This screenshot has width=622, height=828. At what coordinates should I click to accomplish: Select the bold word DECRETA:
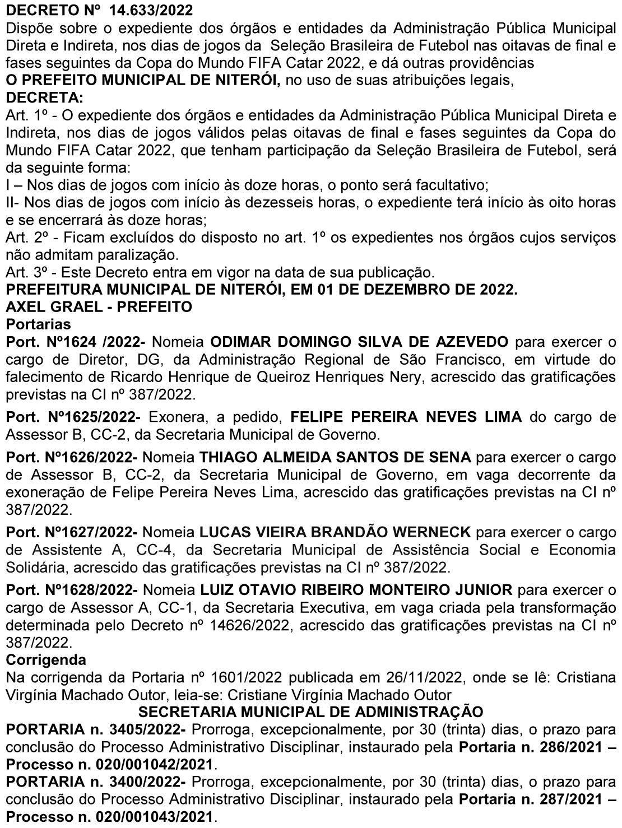[44, 97]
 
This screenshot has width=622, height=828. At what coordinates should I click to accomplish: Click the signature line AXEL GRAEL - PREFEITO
[99, 307]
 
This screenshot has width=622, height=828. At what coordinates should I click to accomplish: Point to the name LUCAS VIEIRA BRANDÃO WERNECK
[335, 533]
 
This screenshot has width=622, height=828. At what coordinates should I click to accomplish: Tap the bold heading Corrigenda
[46, 660]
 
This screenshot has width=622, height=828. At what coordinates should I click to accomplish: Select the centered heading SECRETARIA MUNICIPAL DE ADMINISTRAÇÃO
[311, 712]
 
